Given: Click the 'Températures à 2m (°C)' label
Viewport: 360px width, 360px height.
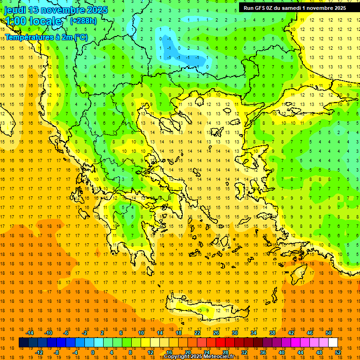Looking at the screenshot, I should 46,37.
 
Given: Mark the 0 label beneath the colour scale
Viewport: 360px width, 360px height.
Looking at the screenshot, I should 93,352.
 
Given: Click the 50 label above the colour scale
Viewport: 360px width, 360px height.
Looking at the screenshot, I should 328,333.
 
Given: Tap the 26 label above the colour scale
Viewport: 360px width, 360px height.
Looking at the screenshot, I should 216,333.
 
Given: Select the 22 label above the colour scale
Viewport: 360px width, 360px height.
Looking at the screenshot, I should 197,333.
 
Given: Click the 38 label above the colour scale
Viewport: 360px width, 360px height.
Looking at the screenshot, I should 272,333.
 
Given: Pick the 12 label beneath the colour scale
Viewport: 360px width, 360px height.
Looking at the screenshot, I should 150,352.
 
